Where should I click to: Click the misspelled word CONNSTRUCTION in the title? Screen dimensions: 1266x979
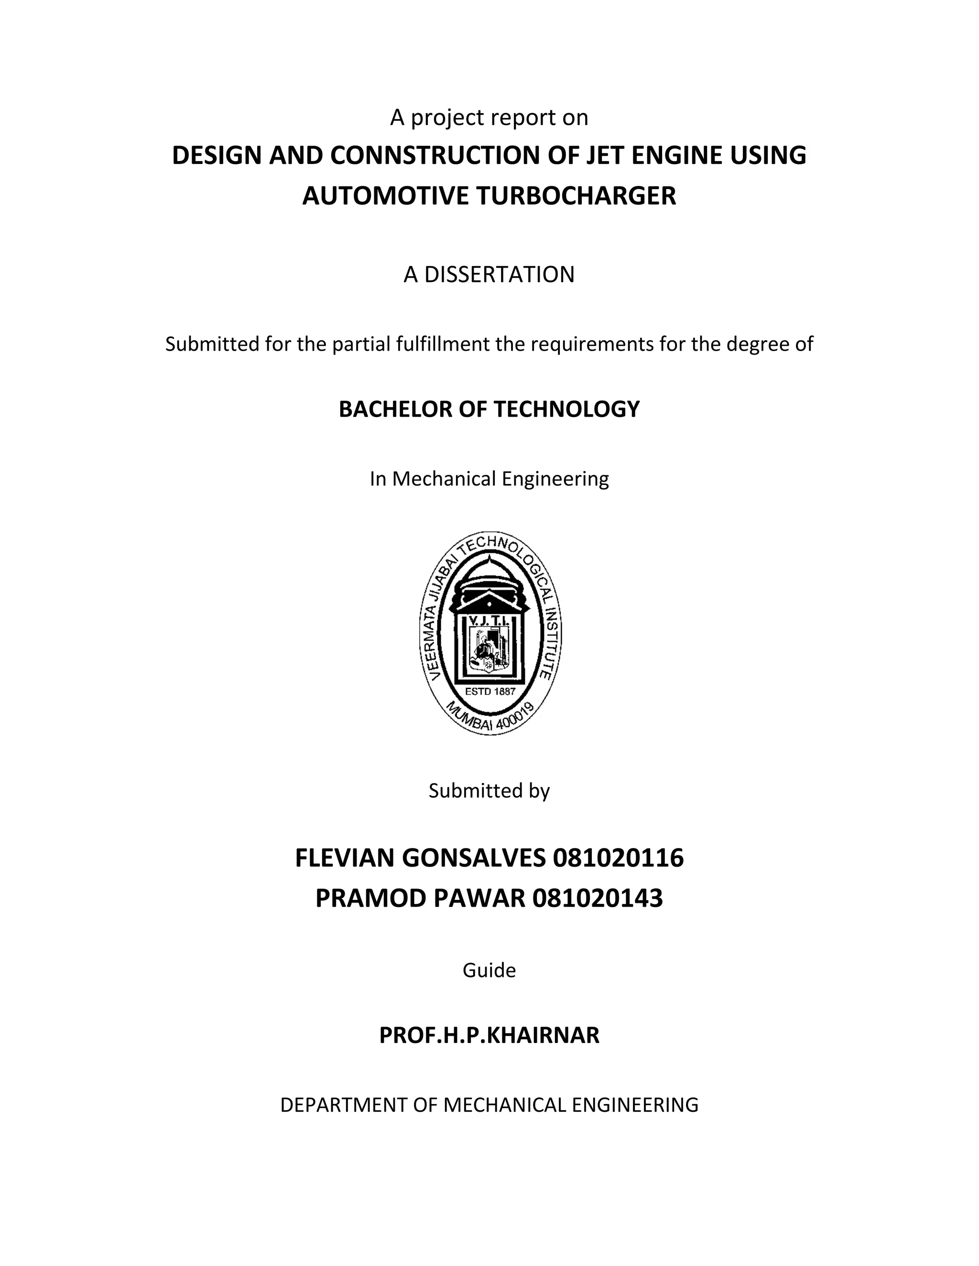[435, 155]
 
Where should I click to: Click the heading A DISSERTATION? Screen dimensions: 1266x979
[489, 274]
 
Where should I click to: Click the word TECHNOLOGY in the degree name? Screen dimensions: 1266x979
[566, 409]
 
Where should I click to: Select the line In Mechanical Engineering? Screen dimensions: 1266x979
[489, 479]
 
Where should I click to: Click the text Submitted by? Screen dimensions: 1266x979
[489, 791]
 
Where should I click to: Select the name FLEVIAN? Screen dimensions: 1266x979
[345, 858]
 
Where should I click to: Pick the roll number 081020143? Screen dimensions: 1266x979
[598, 899]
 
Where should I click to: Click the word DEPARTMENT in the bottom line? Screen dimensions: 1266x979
[344, 1105]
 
